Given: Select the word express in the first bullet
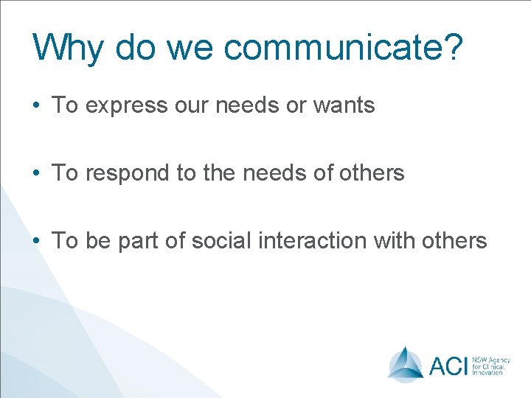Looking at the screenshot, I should point(127,106).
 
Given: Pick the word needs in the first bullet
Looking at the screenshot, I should point(247,106).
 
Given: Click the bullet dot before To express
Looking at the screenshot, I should point(36,106).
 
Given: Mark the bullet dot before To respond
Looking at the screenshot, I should point(36,174).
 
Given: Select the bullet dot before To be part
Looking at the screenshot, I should point(36,241).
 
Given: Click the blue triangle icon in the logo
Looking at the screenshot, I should point(406,363).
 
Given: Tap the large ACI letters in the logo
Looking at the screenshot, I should point(448,365).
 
